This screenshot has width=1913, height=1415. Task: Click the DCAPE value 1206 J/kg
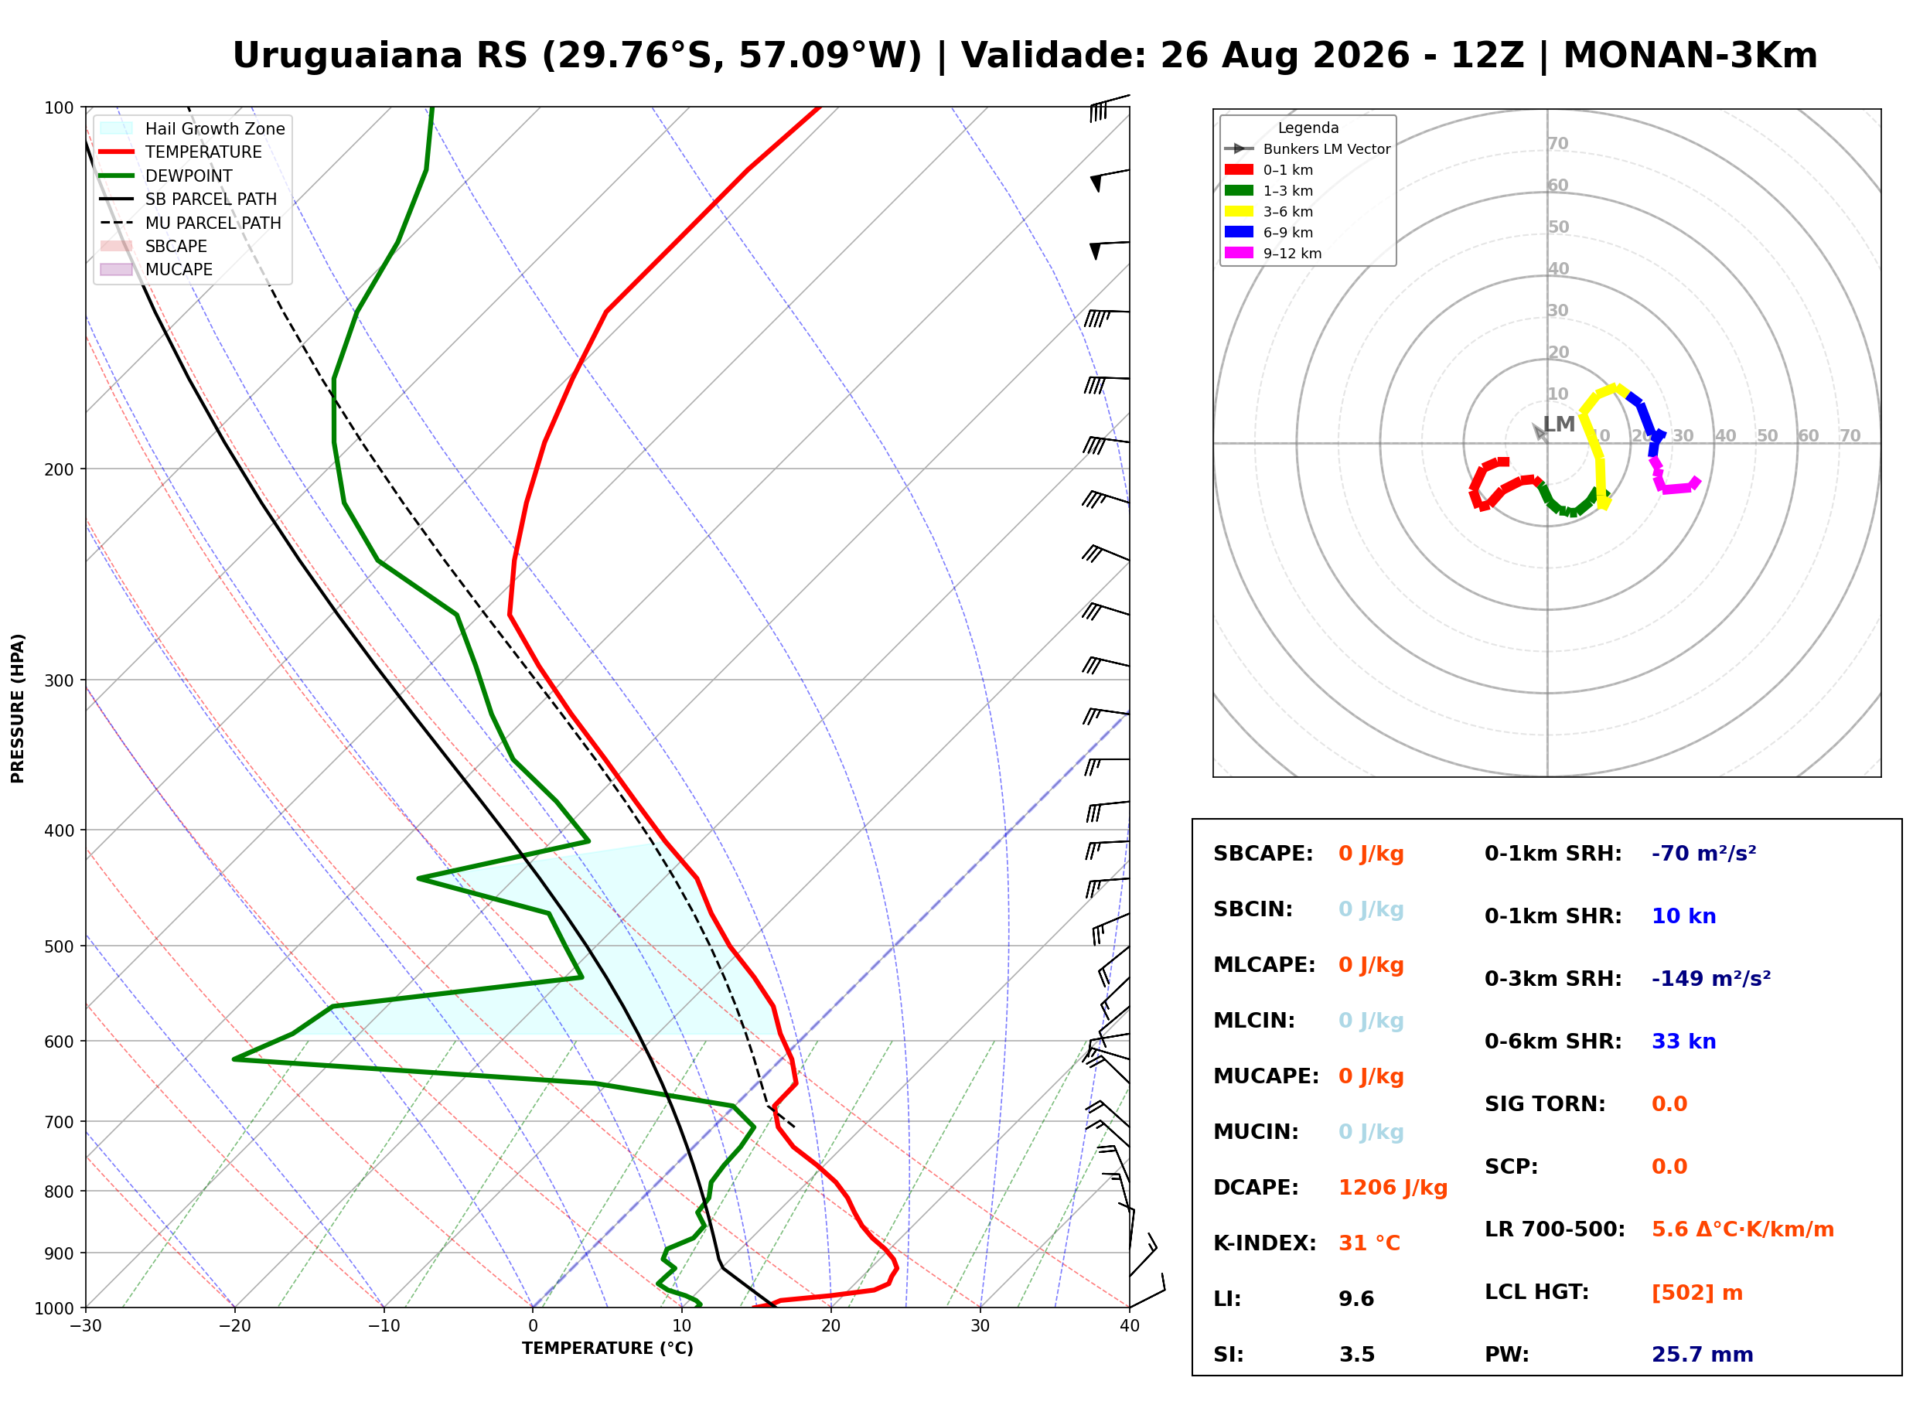[1393, 1188]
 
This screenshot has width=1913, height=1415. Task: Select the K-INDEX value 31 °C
[1369, 1243]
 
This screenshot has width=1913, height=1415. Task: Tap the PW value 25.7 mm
[1703, 1355]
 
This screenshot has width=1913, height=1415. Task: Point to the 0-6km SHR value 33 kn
[1683, 1042]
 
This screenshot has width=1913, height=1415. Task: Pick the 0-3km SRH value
[1711, 978]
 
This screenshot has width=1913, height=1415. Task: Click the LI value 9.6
[1356, 1299]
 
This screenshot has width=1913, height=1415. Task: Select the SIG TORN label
[1545, 1104]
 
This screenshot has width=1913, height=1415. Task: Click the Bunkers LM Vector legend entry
[1307, 149]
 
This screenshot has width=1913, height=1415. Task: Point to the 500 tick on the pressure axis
[59, 946]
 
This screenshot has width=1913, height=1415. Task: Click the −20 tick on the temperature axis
[234, 1326]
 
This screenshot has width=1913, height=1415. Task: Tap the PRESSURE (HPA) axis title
[18, 708]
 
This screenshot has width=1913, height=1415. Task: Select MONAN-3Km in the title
[1690, 56]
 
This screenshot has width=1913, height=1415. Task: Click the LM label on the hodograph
[1559, 424]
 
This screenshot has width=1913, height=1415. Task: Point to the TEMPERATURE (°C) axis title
[607, 1349]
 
